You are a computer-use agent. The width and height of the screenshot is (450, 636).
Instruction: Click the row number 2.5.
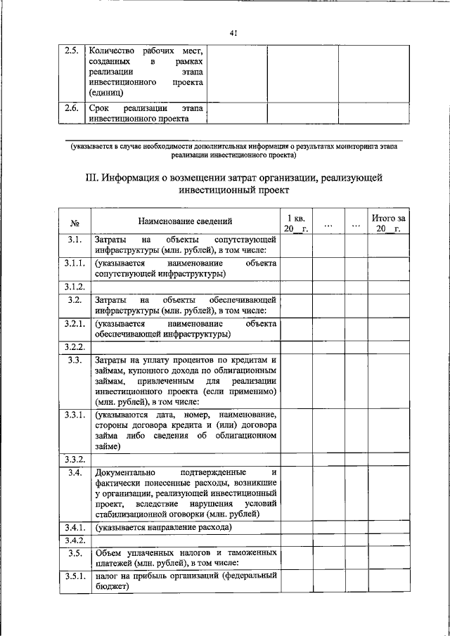(x=71, y=51)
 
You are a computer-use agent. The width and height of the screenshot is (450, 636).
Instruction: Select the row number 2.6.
(x=71, y=108)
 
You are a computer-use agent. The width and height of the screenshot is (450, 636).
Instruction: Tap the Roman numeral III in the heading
(x=90, y=178)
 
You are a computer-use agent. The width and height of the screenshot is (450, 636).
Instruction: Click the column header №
(x=75, y=223)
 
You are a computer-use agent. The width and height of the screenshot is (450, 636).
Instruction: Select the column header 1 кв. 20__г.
(x=295, y=223)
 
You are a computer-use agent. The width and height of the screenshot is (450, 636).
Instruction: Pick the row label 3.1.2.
(x=75, y=287)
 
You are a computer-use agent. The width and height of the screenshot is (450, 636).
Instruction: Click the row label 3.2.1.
(x=75, y=324)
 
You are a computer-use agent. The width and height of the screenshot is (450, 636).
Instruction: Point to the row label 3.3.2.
(x=75, y=459)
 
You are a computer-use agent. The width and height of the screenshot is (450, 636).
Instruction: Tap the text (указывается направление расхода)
(x=163, y=526)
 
